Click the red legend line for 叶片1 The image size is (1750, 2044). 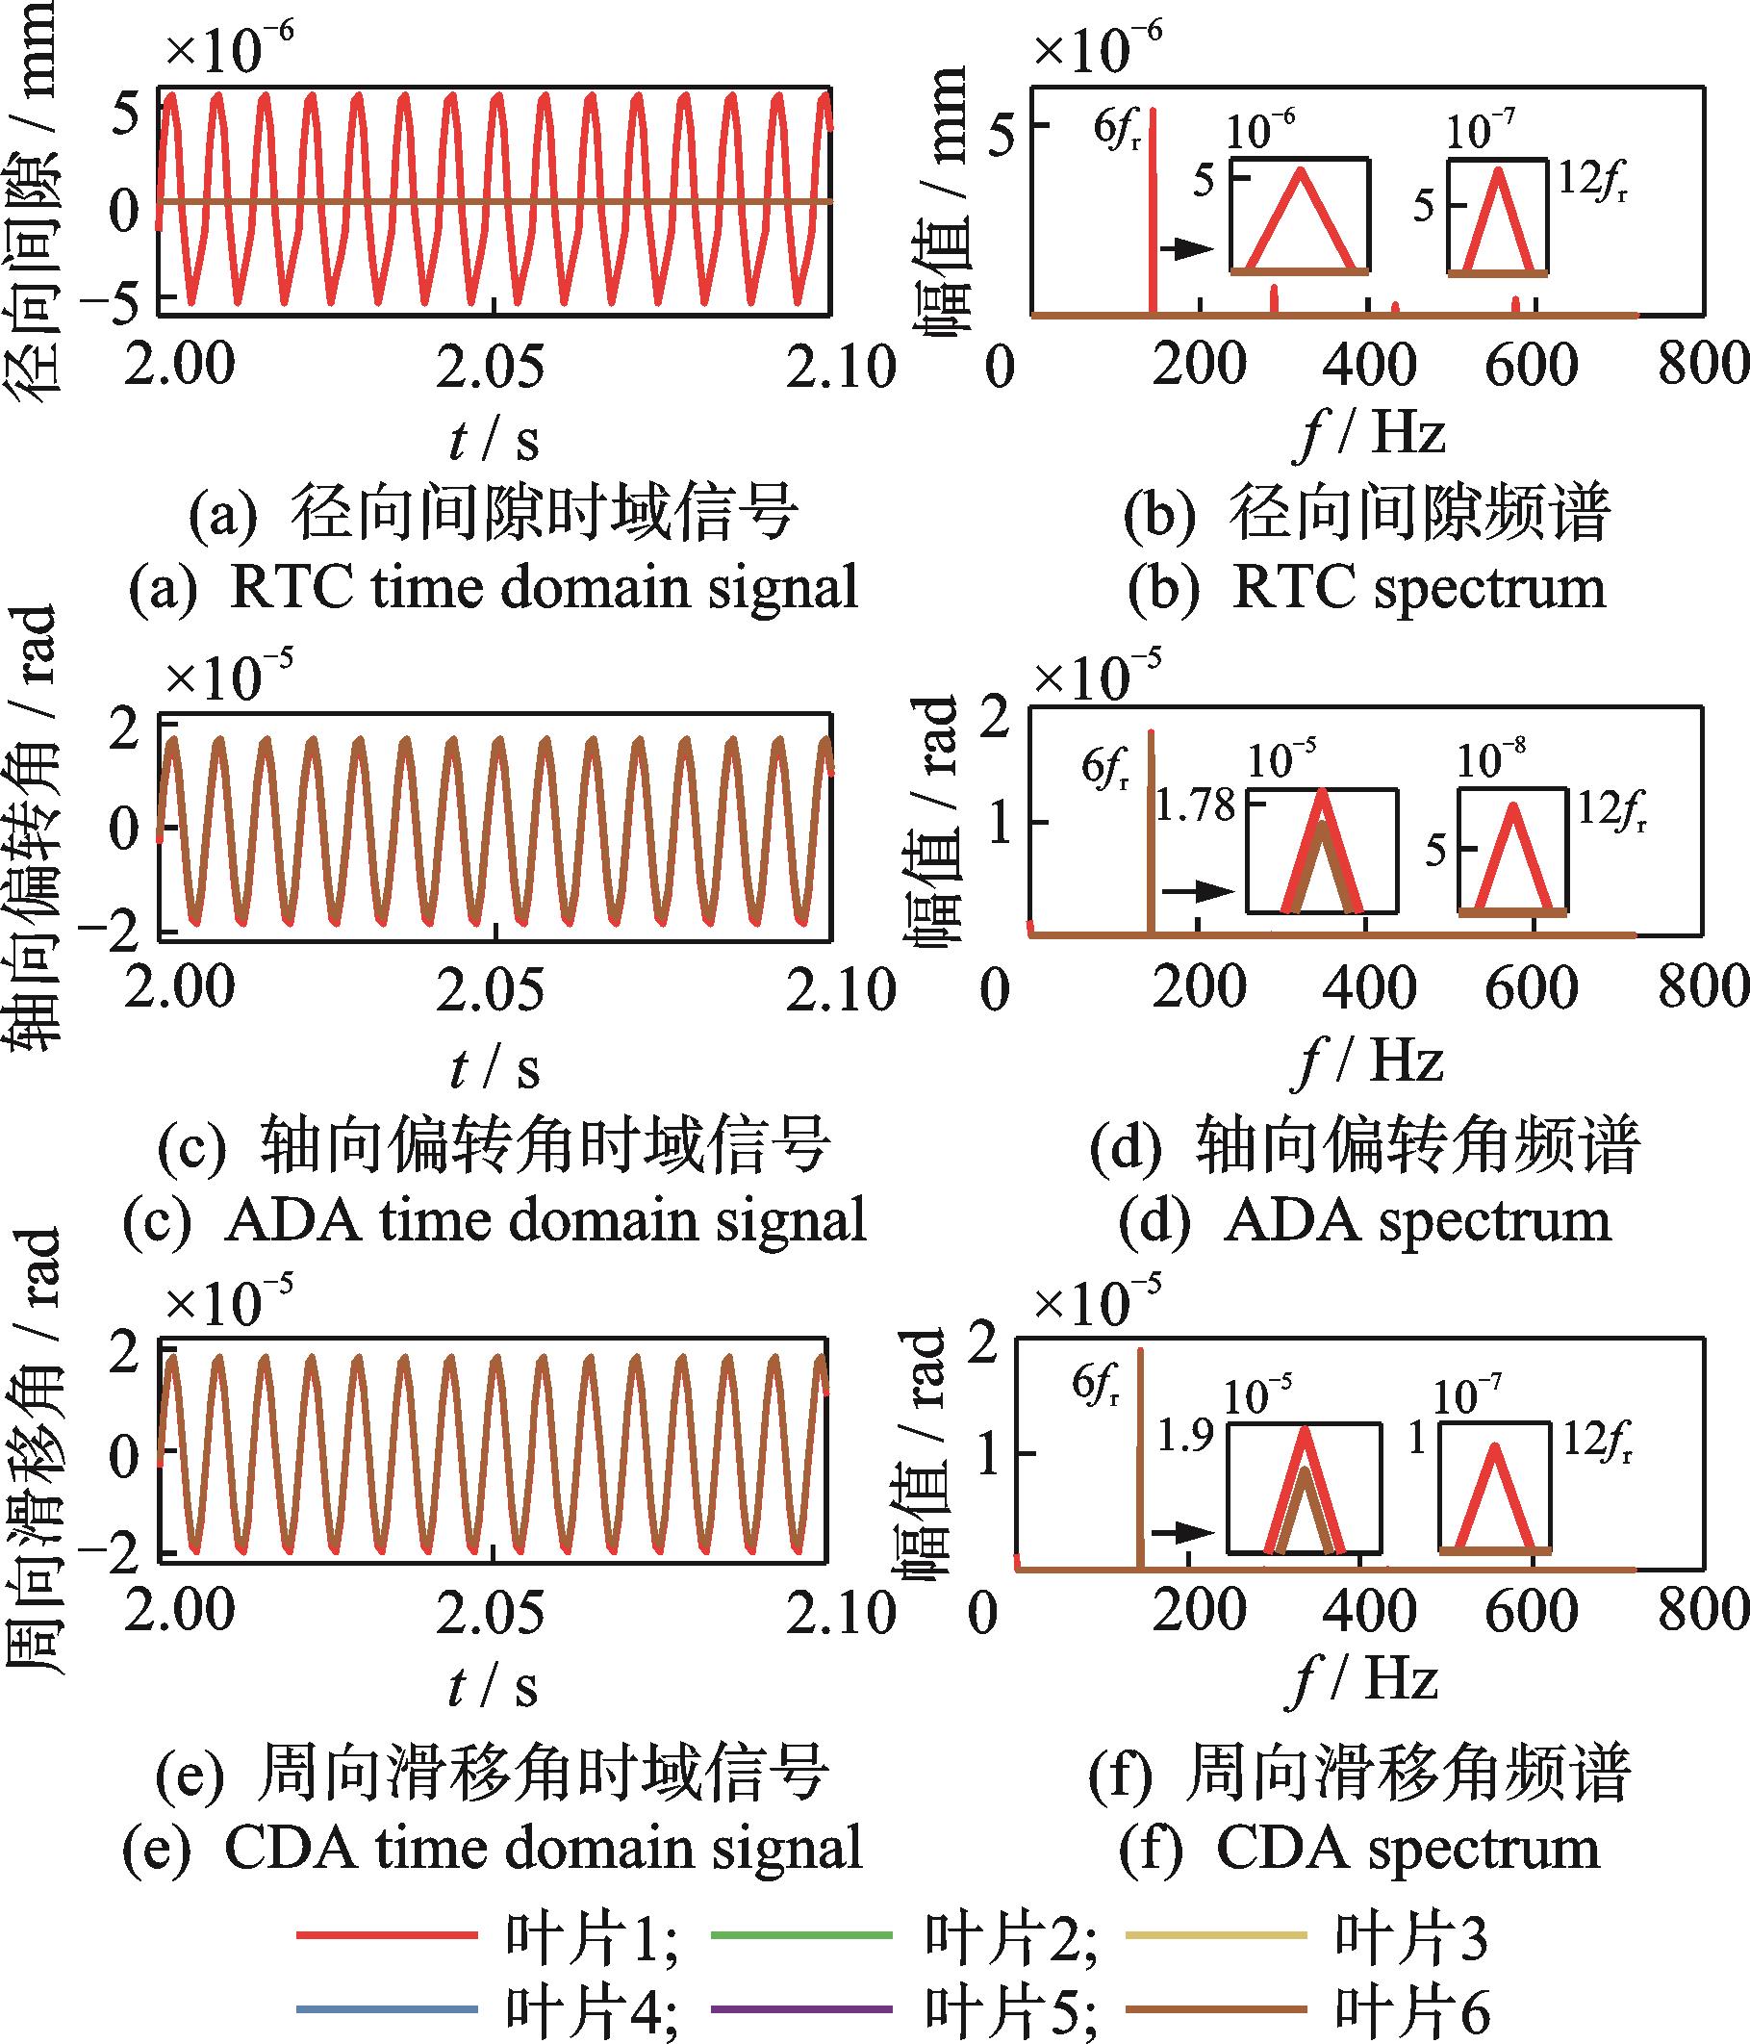click(387, 1934)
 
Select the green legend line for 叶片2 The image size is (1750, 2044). click(800, 1934)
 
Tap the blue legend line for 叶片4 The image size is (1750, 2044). click(387, 2007)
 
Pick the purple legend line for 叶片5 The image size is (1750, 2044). click(800, 2007)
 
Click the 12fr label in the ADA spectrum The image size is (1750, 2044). click(1611, 812)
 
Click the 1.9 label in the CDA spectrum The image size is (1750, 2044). click(1183, 1438)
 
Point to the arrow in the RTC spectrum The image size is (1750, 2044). click(1185, 248)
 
